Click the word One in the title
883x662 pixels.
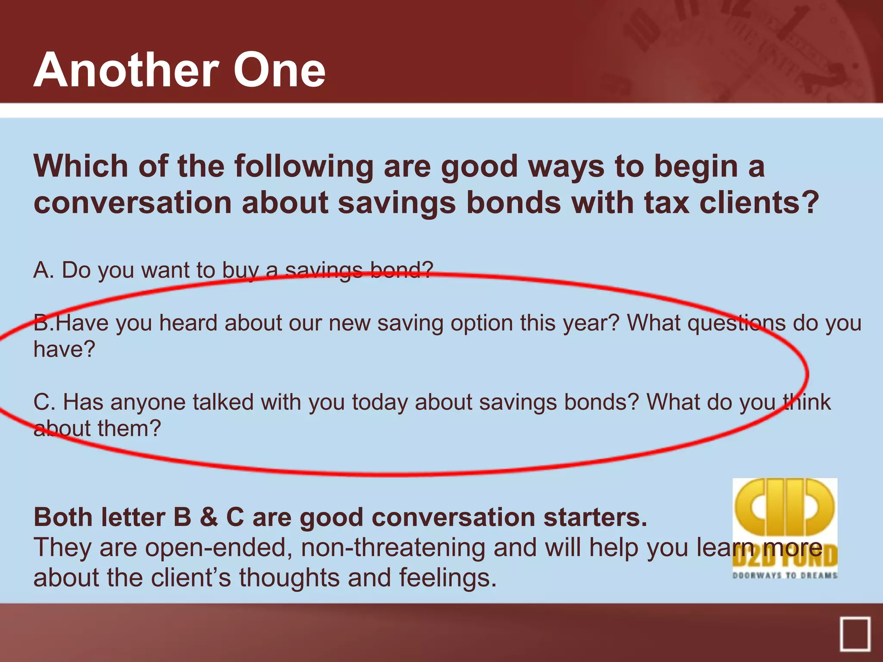(279, 70)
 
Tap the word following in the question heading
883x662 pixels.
(298, 166)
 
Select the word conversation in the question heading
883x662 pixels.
(133, 203)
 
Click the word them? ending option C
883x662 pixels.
(129, 428)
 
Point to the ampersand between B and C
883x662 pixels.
(209, 517)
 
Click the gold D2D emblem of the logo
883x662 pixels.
(785, 509)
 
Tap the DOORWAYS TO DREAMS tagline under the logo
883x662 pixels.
(785, 575)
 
